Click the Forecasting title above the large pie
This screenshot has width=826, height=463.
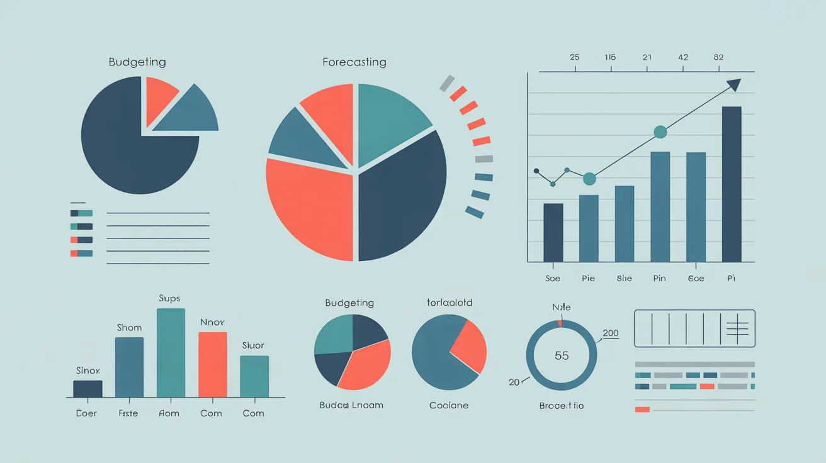pyautogui.click(x=354, y=62)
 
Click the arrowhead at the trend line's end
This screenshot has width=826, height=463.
pyautogui.click(x=734, y=84)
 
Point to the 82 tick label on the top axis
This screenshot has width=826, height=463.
pyautogui.click(x=718, y=57)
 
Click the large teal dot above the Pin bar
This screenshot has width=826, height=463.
pyautogui.click(x=660, y=131)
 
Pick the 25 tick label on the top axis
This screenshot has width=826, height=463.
pyautogui.click(x=574, y=57)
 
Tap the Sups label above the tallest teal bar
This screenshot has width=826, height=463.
pyautogui.click(x=169, y=298)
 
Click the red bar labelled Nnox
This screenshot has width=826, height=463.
pyautogui.click(x=213, y=364)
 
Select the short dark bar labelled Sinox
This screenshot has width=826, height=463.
pyautogui.click(x=88, y=389)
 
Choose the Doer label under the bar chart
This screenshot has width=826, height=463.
pyautogui.click(x=86, y=413)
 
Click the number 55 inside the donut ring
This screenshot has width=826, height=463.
pyautogui.click(x=562, y=355)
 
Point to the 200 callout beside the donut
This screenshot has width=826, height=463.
pyautogui.click(x=611, y=333)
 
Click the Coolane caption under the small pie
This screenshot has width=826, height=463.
pyautogui.click(x=449, y=406)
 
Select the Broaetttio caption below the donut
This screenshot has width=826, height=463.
pyautogui.click(x=562, y=406)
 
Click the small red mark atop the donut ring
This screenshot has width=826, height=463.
pyautogui.click(x=560, y=323)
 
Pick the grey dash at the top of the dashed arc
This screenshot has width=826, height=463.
pyautogui.click(x=446, y=82)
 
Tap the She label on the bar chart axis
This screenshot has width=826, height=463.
pyautogui.click(x=625, y=279)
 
